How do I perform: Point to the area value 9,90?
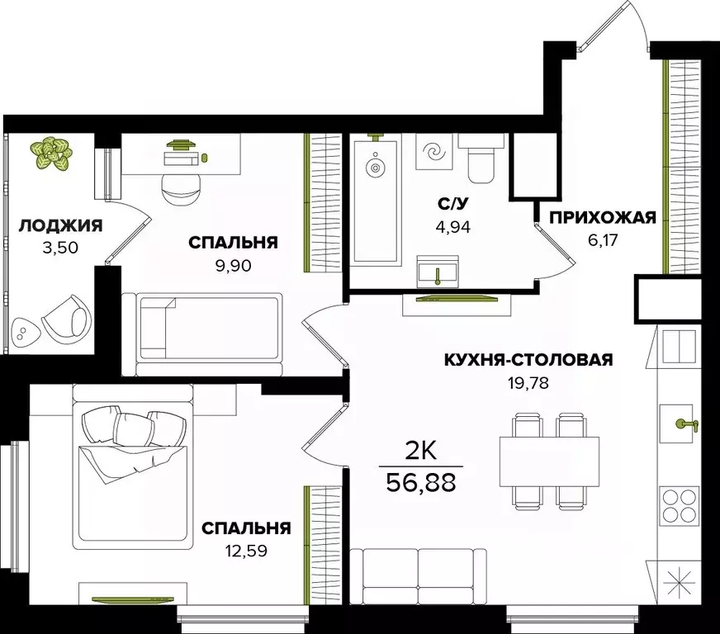[232, 265]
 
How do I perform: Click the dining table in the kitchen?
[549, 461]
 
